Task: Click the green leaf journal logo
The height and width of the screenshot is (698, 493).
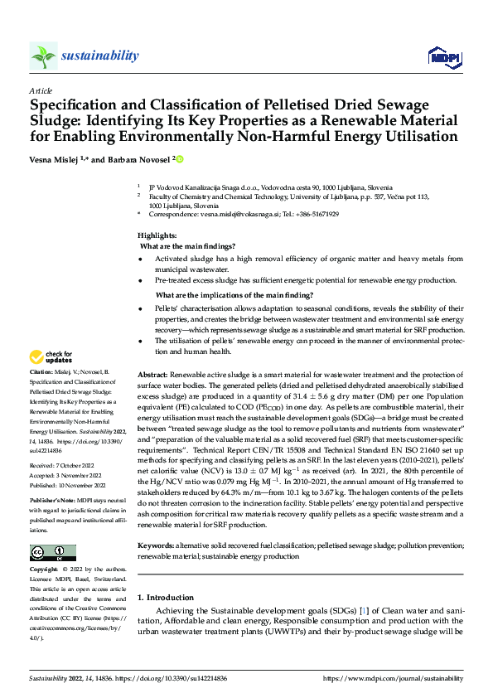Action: (x=43, y=56)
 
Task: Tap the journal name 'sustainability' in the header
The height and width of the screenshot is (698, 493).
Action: (x=99, y=56)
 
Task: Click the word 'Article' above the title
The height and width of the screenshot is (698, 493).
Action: (x=41, y=90)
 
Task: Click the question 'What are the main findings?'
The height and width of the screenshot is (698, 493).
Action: (x=187, y=246)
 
